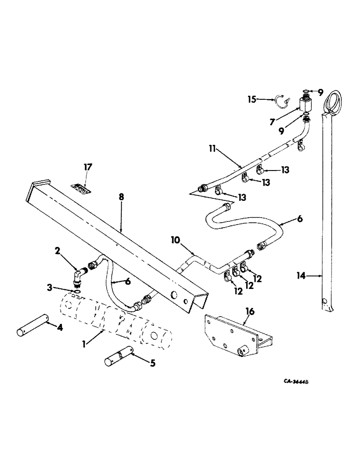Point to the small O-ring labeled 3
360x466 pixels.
tap(76, 292)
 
